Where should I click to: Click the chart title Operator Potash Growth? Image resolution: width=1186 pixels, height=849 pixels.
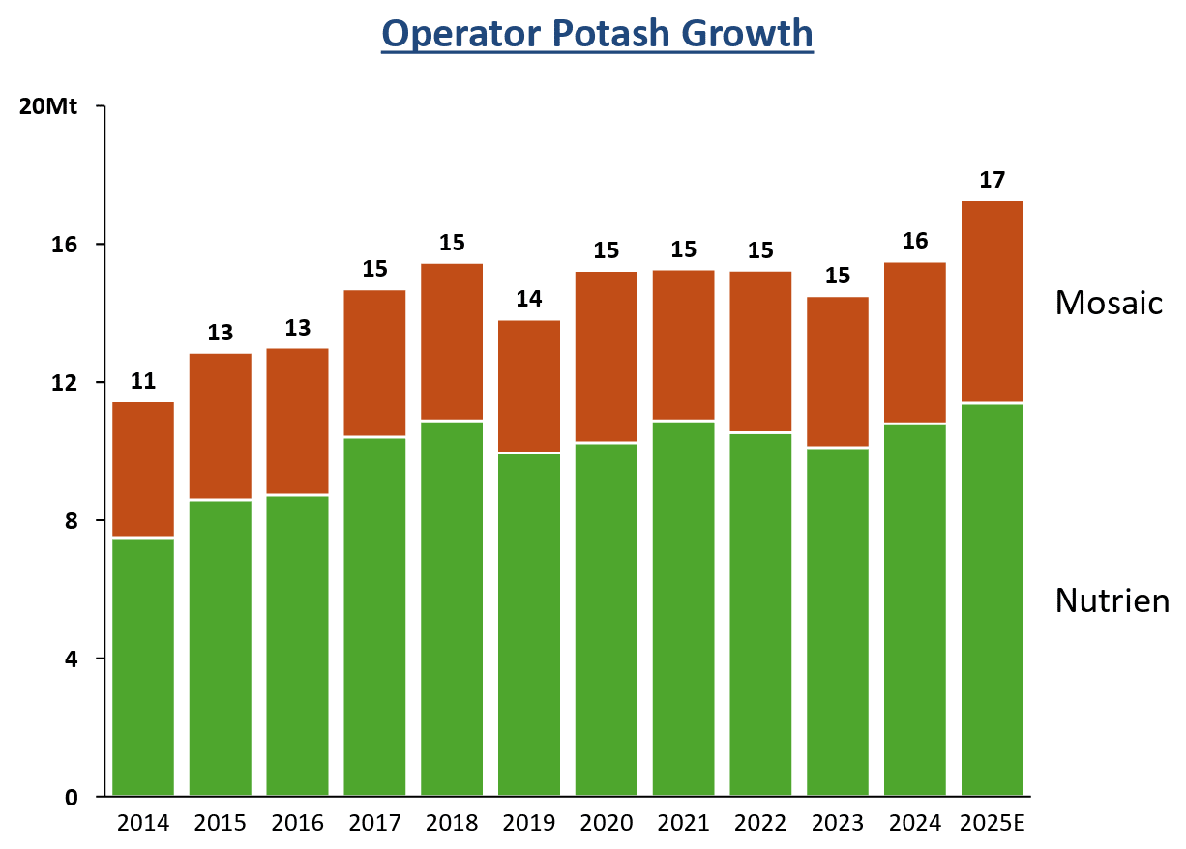click(x=597, y=34)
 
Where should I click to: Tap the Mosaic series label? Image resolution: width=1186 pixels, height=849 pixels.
click(x=1109, y=303)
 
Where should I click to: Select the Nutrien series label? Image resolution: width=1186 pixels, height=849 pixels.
click(x=1112, y=600)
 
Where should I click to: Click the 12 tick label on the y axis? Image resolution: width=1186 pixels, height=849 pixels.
click(x=66, y=382)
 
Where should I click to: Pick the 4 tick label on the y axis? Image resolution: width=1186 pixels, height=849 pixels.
click(x=71, y=659)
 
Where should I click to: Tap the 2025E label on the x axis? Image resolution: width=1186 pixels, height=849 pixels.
click(x=992, y=824)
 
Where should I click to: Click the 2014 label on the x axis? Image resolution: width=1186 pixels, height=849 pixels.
click(x=143, y=824)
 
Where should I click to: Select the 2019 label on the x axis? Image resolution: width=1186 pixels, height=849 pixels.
click(x=529, y=824)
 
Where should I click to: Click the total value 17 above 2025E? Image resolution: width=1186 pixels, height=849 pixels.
click(x=993, y=180)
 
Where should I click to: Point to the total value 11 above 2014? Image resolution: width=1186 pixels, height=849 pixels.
click(x=143, y=381)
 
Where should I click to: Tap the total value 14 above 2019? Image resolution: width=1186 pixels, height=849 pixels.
click(x=529, y=299)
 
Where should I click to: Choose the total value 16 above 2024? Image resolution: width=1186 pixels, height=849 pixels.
click(x=915, y=241)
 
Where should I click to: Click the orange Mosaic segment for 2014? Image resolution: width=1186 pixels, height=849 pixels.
click(x=143, y=469)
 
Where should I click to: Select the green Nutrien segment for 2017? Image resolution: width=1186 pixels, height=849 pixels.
click(x=374, y=617)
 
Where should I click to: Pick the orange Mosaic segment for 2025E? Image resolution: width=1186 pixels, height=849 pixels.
click(x=993, y=301)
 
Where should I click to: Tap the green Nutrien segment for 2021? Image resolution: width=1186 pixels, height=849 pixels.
click(x=684, y=609)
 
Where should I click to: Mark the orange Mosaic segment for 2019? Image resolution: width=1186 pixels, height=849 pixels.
click(x=529, y=386)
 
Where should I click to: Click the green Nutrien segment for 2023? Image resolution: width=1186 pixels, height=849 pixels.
click(x=838, y=622)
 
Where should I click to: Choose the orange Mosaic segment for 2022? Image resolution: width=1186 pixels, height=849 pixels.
click(x=760, y=351)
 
